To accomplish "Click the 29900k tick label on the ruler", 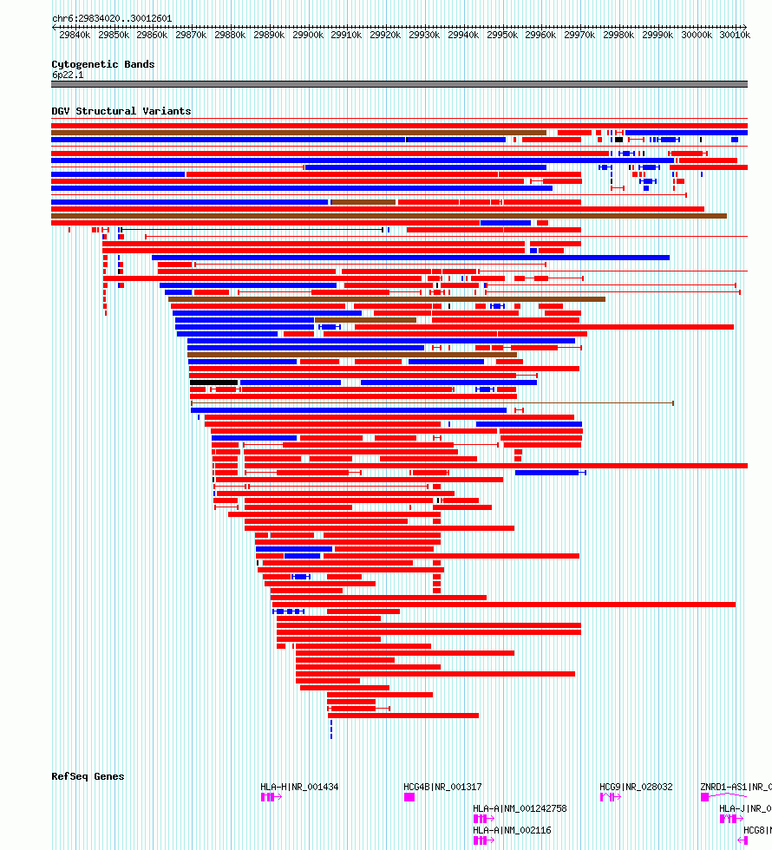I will coord(308,36).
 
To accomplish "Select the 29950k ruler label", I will coord(502,36).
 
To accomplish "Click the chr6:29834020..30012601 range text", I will coord(112,18).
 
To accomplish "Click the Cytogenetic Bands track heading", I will coord(102,64).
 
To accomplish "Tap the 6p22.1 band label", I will coord(67,75).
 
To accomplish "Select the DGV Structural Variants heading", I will coord(121,111).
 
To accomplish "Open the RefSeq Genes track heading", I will coord(88,776).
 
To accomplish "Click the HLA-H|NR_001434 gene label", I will coord(299,788).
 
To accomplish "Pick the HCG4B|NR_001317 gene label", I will coord(442,788).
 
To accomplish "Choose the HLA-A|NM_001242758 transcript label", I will coord(520,808).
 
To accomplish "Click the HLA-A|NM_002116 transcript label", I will coord(512,830).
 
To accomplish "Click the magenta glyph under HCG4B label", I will coord(409,797).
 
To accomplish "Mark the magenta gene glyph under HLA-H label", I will coord(268,797).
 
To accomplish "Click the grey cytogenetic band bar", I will coord(399,84).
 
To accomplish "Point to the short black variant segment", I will coord(213,382).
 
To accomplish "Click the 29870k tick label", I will coord(191,36).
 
